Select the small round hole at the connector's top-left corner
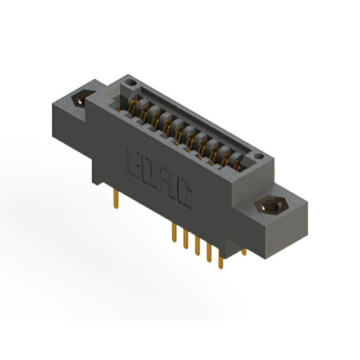130,82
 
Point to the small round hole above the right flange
259,156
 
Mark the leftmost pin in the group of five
174,232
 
